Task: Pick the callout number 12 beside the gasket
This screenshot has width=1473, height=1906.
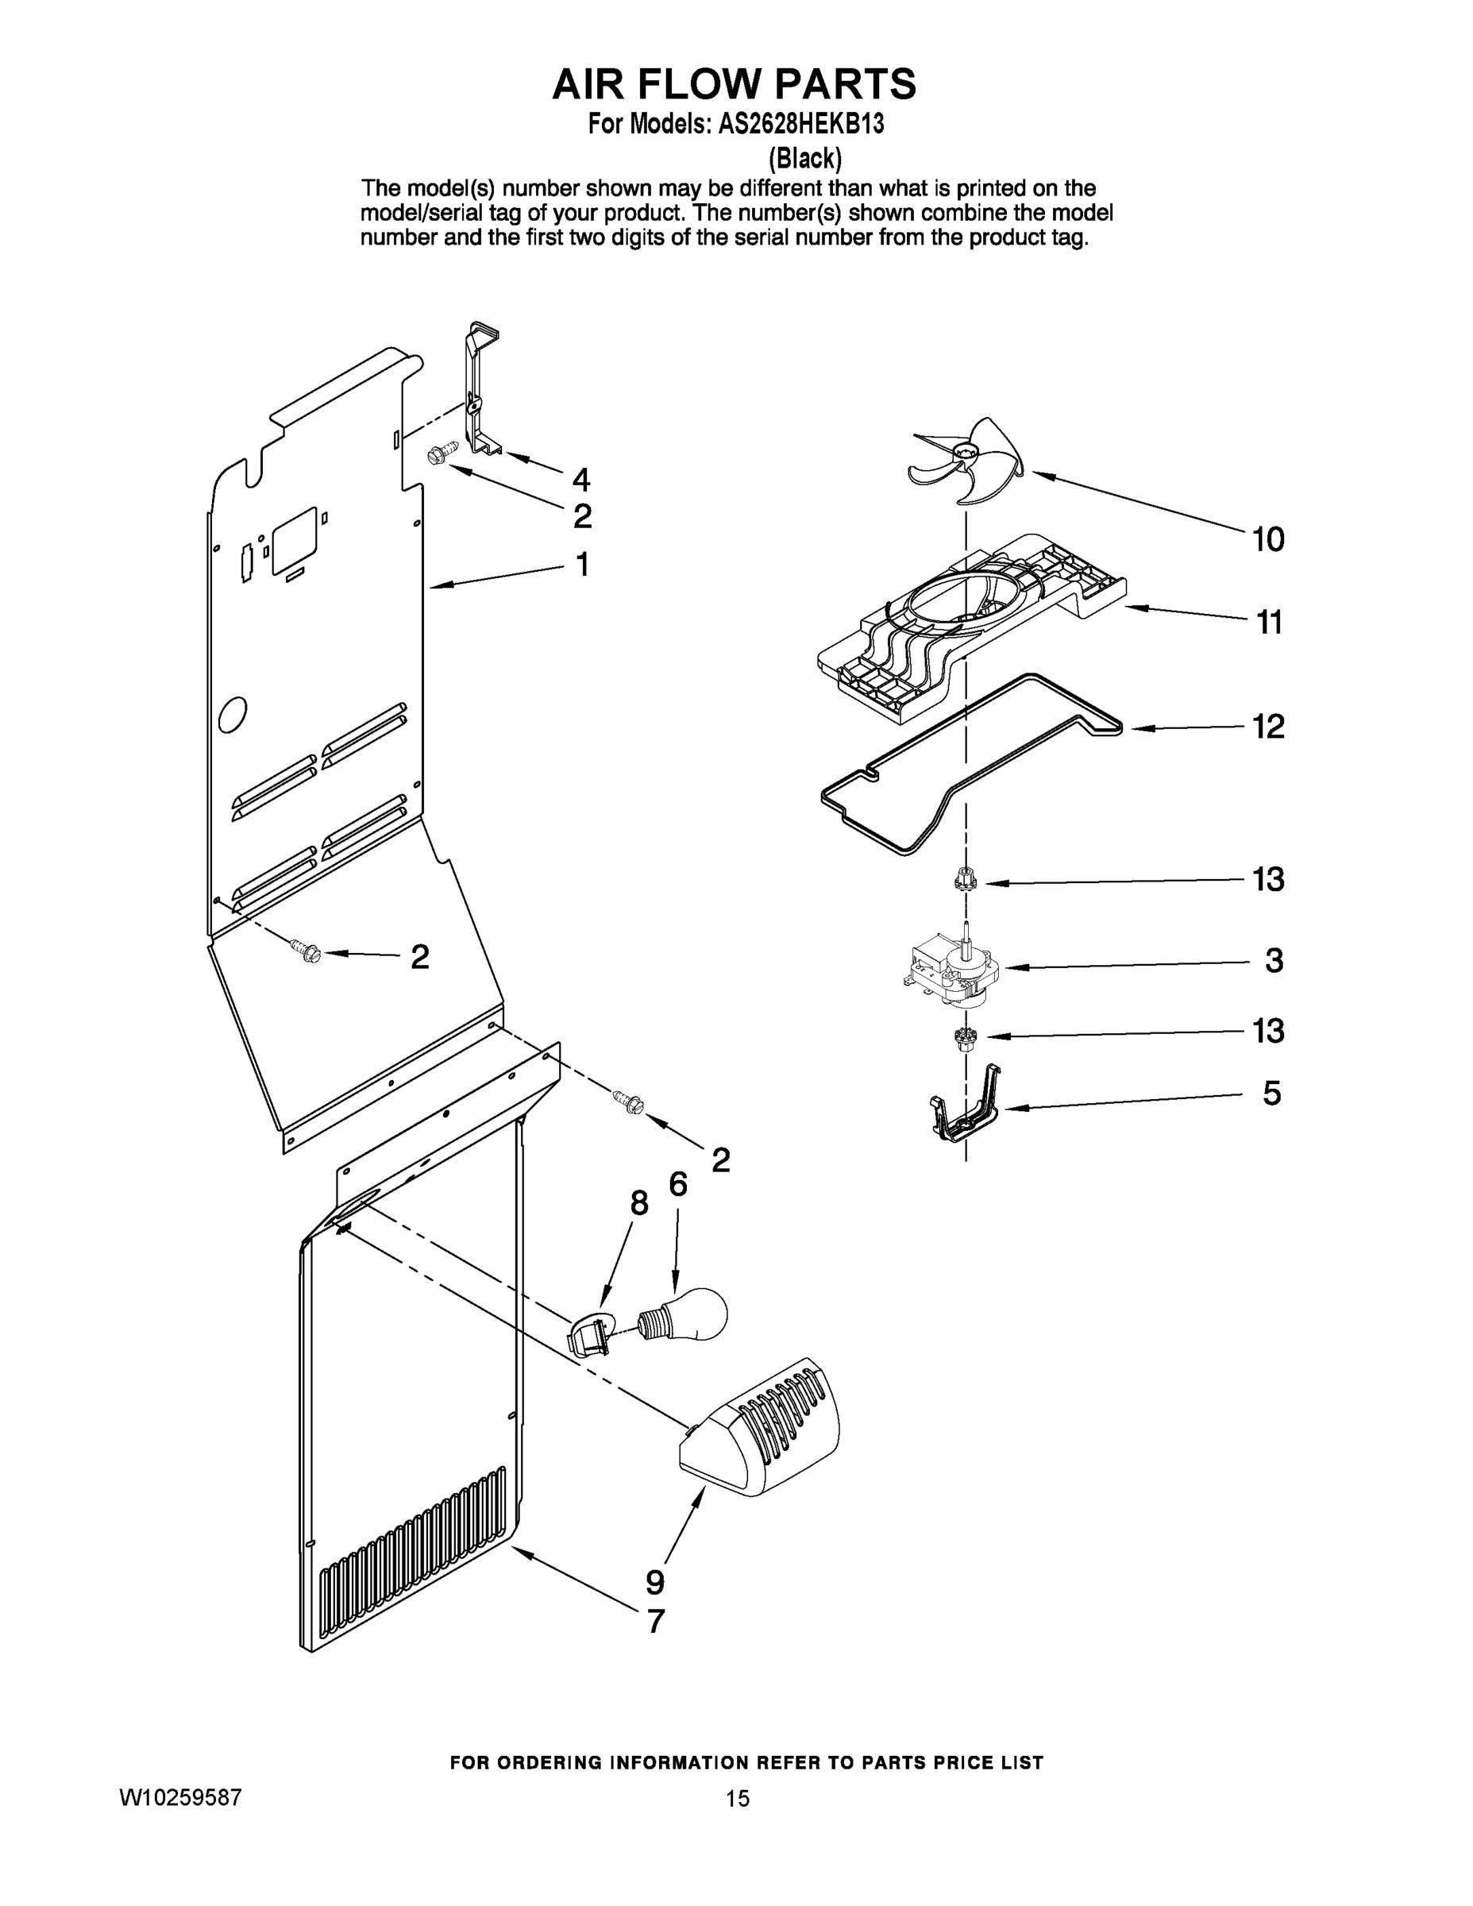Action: [1269, 726]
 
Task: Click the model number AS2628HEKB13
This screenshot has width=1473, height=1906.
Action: [801, 124]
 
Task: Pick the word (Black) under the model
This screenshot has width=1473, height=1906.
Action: [804, 158]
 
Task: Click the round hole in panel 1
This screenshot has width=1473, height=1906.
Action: [232, 716]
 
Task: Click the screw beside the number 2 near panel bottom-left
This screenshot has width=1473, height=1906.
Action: [307, 951]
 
